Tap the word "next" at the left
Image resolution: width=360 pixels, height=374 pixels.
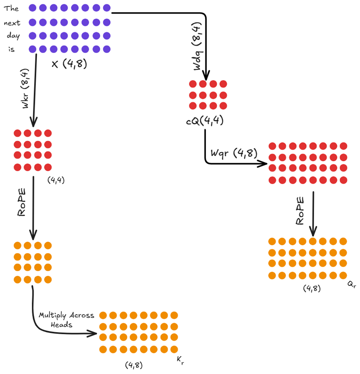click(12, 23)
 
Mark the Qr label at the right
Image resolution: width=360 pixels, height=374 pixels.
click(352, 285)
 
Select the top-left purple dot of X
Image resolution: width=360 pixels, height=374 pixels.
click(32, 7)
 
